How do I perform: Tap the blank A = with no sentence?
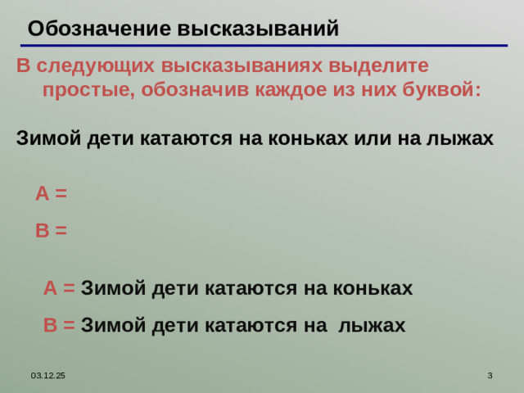(x=51, y=194)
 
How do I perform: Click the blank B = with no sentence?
(x=51, y=231)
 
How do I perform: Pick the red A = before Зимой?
(x=59, y=288)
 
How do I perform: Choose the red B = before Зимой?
(x=59, y=325)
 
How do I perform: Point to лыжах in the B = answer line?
(x=372, y=325)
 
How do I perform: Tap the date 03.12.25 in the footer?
(x=48, y=375)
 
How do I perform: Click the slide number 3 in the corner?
(x=489, y=375)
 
